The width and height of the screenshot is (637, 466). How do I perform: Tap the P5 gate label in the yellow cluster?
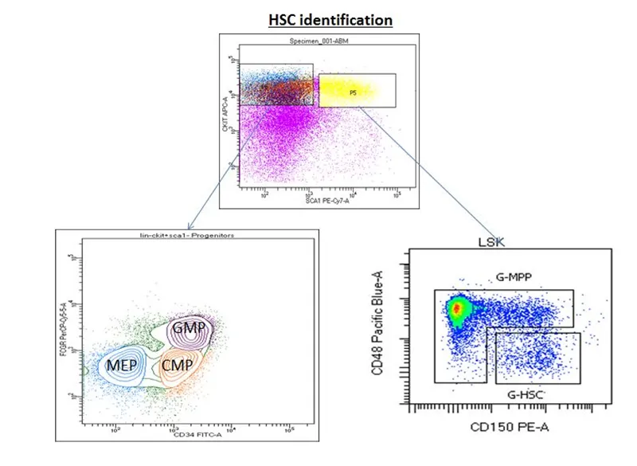tap(352, 92)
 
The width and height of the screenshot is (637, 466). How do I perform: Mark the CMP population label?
tap(178, 365)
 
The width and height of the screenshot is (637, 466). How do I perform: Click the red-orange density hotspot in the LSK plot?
tap(456, 307)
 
